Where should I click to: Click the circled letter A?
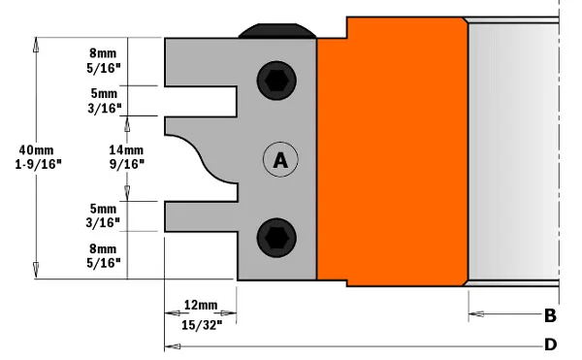(280, 159)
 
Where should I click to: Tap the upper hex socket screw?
(276, 81)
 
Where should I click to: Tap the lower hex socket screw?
(276, 238)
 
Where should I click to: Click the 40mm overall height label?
(37, 150)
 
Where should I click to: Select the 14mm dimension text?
(126, 150)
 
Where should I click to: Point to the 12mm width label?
(201, 305)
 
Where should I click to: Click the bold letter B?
(550, 315)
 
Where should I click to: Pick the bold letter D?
(550, 344)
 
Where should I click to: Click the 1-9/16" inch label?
(38, 164)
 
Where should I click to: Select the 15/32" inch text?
(202, 325)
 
